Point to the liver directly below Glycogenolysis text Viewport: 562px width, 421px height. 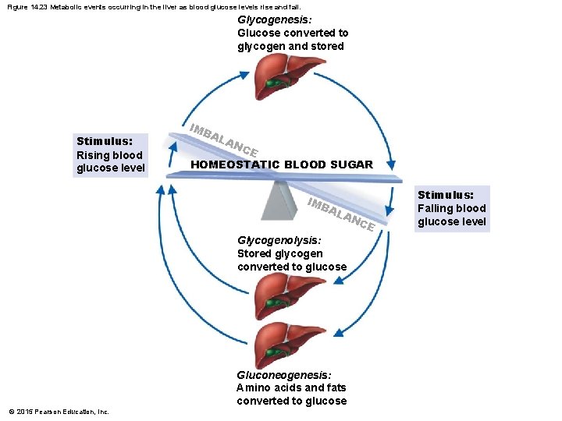pos(282,296)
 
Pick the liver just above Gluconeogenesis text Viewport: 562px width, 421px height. pos(283,345)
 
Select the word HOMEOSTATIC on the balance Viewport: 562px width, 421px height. pos(235,165)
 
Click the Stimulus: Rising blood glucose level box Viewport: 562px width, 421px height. pos(110,154)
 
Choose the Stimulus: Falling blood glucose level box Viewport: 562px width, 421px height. pos(452,208)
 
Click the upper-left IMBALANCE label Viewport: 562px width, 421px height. pos(224,138)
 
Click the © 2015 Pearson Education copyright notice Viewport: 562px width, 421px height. pos(59,412)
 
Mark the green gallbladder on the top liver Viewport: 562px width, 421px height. pos(274,82)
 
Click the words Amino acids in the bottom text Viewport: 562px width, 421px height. pos(264,387)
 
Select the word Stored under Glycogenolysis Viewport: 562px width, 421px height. pos(254,253)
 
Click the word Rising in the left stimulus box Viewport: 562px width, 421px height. pos(93,154)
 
